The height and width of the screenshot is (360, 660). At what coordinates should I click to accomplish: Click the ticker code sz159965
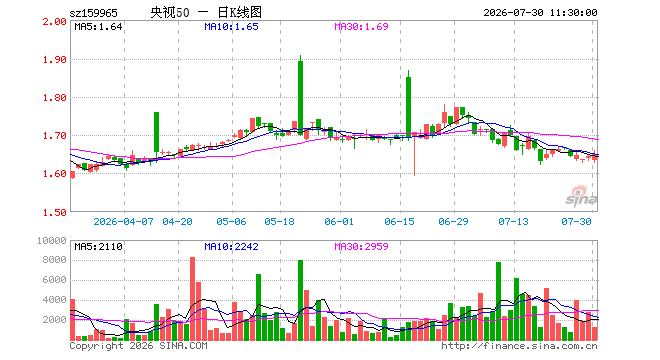click(93, 13)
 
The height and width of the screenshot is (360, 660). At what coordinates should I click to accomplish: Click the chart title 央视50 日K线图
click(206, 12)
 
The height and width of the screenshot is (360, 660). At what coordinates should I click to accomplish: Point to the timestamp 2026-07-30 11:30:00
click(540, 13)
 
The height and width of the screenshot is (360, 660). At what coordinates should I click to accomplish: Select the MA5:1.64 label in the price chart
click(98, 27)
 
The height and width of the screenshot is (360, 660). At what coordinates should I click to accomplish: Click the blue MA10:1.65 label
click(232, 27)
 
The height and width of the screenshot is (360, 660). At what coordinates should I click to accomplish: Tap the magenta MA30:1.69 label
click(361, 27)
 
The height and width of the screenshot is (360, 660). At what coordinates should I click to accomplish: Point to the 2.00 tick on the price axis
click(55, 21)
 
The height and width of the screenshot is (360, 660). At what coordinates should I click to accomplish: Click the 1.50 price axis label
click(55, 213)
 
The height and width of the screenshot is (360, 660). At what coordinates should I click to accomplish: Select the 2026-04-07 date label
click(123, 221)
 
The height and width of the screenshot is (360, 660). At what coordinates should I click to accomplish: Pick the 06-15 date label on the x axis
click(399, 221)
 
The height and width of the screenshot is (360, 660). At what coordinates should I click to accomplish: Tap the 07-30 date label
click(576, 221)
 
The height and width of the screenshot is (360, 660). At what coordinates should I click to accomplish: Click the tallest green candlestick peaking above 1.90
click(301, 96)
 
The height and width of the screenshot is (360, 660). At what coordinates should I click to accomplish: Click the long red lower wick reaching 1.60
click(415, 156)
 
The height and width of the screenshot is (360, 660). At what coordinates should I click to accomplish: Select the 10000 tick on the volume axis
click(52, 240)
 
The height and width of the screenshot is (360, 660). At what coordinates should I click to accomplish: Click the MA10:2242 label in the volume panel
click(232, 246)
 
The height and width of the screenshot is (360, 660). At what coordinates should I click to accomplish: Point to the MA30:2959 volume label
click(361, 246)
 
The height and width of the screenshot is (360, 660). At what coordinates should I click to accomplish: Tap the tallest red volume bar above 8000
click(192, 299)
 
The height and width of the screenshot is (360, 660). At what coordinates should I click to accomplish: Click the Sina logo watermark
click(581, 196)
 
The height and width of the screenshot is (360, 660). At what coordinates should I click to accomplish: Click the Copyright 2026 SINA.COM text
click(138, 346)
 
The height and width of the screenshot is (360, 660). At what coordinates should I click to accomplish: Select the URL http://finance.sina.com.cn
click(519, 346)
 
